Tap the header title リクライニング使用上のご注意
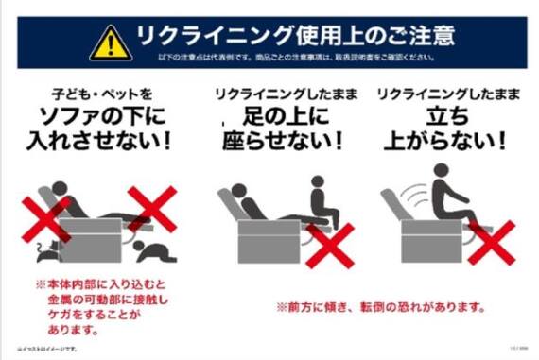(295, 37)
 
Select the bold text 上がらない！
(444, 144)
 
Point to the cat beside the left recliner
(43, 249)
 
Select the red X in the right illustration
(493, 243)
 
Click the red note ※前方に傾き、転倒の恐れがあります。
(381, 307)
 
